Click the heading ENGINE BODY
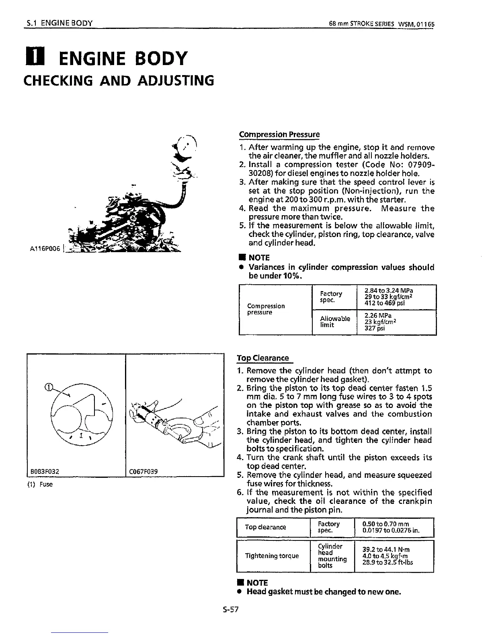pos(123,59)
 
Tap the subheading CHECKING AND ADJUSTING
pos(119,81)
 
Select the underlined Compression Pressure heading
pos(279,135)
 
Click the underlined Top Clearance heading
pos(263,358)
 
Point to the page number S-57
pos(231,609)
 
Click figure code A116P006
pos(45,249)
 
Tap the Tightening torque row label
pos(272,556)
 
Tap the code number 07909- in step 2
pos(418,165)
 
